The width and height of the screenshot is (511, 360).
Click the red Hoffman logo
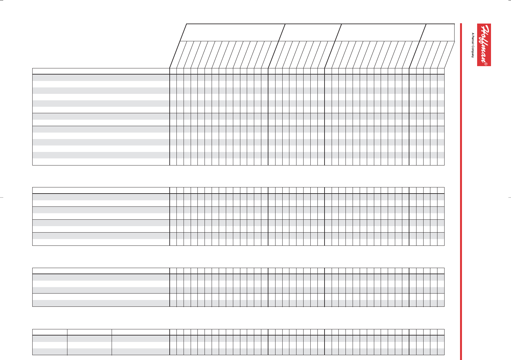pos(484,45)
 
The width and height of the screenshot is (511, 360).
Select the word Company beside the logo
pos(473,51)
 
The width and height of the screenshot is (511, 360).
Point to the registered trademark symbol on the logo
pos(486,64)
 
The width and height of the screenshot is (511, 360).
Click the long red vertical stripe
pos(461,190)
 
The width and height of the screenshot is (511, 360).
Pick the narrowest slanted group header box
pos(438,32)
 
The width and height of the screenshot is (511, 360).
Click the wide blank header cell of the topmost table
pos(101,71)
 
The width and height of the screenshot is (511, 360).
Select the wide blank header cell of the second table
pos(101,190)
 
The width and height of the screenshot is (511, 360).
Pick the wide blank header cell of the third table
pos(101,271)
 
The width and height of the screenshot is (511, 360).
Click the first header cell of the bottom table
pos(50,332)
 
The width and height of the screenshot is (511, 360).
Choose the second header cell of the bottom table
pos(89,332)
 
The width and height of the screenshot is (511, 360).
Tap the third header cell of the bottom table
pos(141,332)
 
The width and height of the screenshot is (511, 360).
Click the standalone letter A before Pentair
pos(473,34)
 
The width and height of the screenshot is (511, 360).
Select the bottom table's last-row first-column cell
pos(50,352)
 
